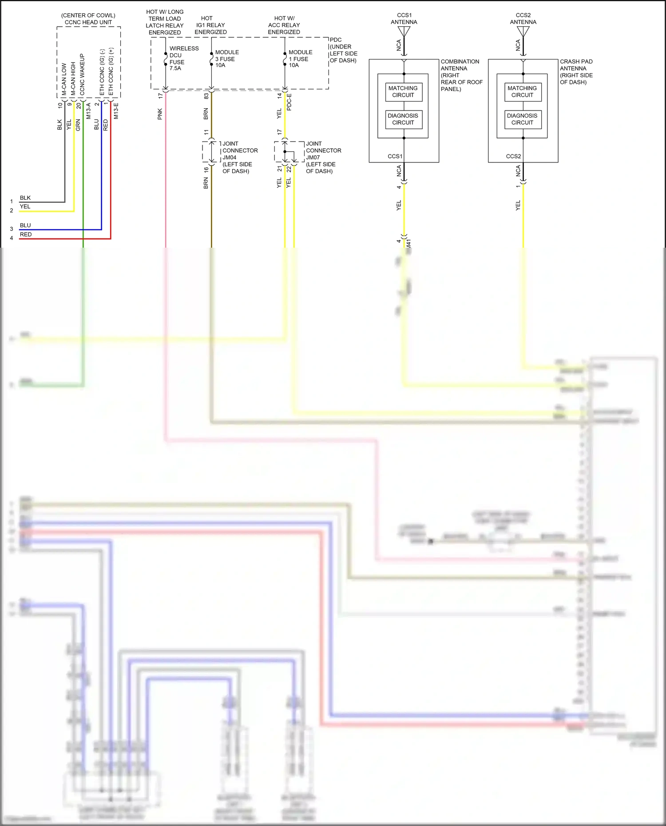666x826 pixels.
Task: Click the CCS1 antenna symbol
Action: point(404,32)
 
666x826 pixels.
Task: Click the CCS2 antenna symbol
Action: point(523,32)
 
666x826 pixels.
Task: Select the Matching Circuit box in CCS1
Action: point(403,92)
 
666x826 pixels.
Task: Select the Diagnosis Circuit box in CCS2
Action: point(522,119)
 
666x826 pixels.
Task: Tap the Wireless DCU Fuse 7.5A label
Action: point(183,58)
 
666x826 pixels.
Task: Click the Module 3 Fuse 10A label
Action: point(226,59)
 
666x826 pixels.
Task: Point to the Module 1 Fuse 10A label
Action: point(300,59)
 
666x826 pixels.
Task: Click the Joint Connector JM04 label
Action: point(239,157)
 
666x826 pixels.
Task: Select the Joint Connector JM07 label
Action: point(323,157)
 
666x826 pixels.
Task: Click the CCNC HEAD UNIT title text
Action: point(88,22)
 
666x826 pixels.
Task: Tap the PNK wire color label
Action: point(160,114)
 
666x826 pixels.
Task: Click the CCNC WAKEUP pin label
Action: point(82,75)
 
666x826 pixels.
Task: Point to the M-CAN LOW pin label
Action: point(64,79)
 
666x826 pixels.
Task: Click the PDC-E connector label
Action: point(289,102)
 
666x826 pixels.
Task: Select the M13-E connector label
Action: point(116,111)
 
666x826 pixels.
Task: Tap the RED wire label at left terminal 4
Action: point(26,234)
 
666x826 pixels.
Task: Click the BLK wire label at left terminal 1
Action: point(25,198)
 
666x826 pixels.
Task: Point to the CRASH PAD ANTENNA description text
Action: point(576,71)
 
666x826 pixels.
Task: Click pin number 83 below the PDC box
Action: point(206,96)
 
